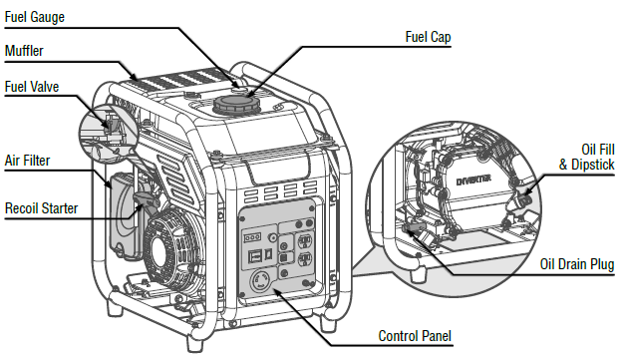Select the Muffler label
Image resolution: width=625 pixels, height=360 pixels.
pos(25,50)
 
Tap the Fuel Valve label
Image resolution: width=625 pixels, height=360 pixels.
pos(32,87)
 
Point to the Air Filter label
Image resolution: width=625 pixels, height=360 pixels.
pos(27,160)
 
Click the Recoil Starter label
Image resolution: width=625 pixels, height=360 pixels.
pos(41,208)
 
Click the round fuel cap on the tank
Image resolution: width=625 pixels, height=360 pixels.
pos(232,105)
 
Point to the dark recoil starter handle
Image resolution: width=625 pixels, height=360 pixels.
pos(146,202)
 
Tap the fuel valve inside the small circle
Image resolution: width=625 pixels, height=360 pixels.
pos(110,127)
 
